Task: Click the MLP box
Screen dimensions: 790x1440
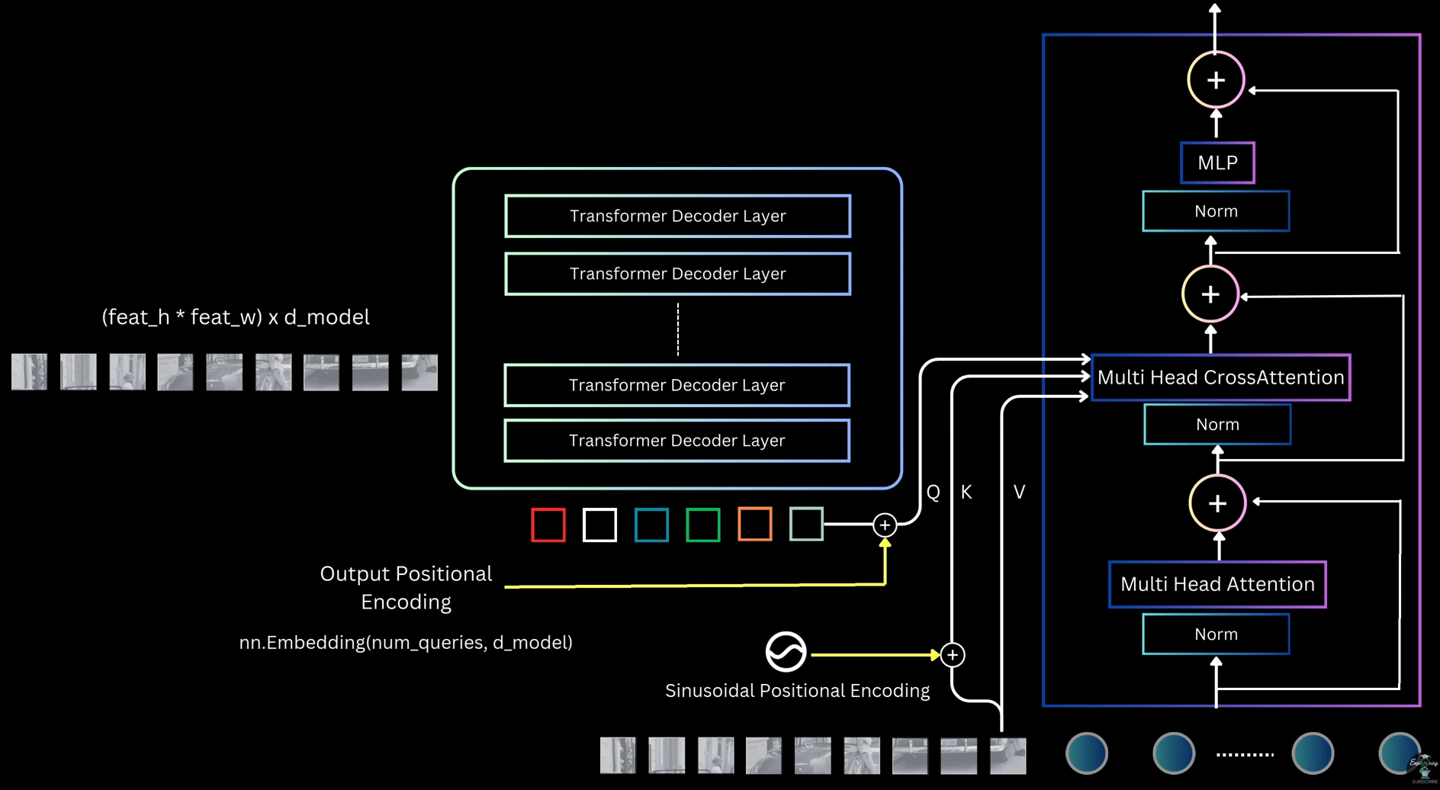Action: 1217,162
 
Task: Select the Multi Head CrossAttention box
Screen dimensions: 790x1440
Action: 1220,377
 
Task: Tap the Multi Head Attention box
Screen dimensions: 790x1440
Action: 1217,584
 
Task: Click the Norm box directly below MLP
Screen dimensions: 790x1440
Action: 1216,211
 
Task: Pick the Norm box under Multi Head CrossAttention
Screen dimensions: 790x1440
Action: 1217,424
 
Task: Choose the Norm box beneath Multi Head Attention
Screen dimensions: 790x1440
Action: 1216,634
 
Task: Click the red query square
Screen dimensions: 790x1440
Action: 548,525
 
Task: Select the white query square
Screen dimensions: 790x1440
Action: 599,525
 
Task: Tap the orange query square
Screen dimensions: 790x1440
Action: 754,525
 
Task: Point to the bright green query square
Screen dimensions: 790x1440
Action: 702,525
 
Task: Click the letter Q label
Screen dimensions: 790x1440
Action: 933,493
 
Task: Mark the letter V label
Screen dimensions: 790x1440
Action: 1019,493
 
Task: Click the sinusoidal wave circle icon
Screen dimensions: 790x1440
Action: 786,652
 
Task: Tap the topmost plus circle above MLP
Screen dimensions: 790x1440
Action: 1216,80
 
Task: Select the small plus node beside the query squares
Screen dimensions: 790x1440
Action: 885,525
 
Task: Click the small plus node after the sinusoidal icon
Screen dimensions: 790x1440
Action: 953,655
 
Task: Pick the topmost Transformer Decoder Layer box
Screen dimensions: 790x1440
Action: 677,216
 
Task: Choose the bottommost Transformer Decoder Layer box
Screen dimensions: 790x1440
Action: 677,441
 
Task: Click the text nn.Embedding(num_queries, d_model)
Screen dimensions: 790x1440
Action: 406,643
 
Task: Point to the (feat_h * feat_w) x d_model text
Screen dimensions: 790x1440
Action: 236,317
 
